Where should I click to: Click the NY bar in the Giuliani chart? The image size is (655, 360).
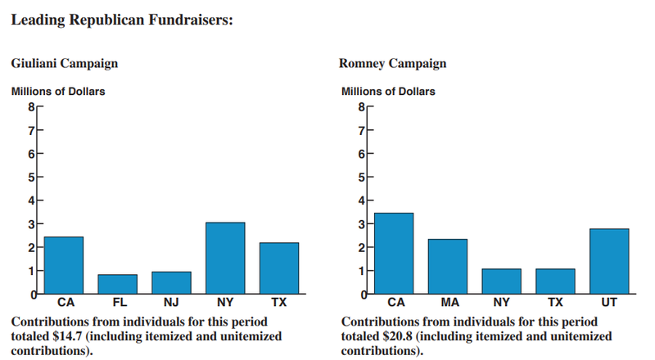pos(225,258)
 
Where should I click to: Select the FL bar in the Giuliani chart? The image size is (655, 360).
pos(117,284)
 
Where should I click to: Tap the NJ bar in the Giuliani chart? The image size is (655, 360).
pos(171,282)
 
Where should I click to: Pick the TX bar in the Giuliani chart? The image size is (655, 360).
pos(279,268)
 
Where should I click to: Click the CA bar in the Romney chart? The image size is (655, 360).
pos(394,253)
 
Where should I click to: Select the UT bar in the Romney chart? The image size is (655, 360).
pos(609,261)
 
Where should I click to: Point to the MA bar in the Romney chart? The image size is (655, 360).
pos(447,266)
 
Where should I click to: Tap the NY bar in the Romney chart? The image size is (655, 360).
pos(501,281)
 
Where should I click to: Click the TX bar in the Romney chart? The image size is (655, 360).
pos(555,281)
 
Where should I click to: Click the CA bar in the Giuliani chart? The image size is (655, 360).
pos(63,264)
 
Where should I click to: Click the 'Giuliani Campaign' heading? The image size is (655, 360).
pos(64,63)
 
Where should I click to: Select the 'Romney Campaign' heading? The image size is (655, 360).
pos(393,63)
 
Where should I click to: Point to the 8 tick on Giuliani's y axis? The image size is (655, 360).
pos(31,106)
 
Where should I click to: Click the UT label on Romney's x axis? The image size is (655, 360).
pos(609,303)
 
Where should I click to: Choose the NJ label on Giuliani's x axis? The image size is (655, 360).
pos(171,303)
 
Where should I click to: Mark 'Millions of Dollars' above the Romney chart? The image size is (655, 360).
pos(387,91)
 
